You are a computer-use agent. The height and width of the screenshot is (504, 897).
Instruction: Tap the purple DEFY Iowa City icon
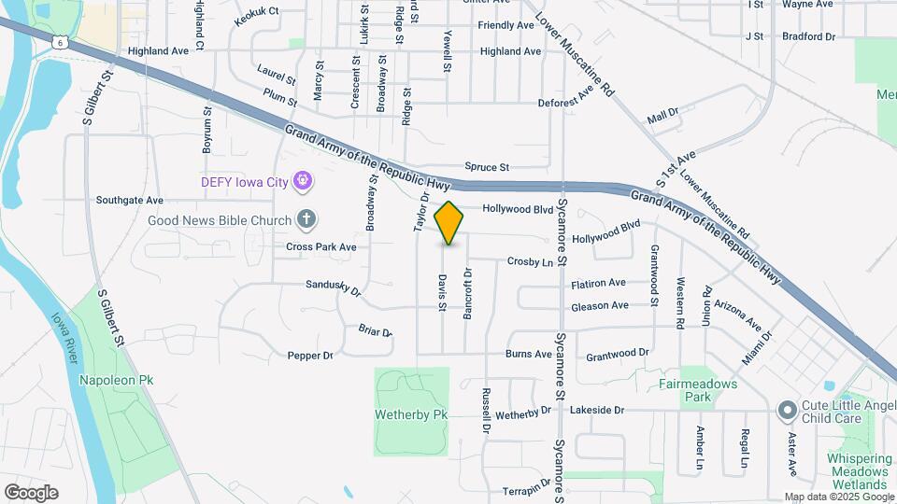coord(302,181)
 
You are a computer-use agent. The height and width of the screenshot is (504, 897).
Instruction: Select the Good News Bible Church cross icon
coord(306,220)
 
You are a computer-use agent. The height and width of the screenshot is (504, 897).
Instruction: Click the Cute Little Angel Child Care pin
coord(787,409)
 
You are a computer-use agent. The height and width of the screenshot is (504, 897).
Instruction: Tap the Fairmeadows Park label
coord(709,390)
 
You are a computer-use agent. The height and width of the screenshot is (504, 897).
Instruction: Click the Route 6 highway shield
coord(60,39)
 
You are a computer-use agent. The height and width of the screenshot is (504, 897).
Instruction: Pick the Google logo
coord(31,492)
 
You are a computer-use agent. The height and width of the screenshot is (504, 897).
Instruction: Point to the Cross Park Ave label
coord(321,247)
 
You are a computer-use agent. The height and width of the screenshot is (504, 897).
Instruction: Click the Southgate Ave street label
coord(129,200)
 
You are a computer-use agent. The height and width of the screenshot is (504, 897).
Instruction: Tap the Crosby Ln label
coord(530,262)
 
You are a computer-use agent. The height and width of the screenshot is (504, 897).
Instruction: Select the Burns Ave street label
coord(528,355)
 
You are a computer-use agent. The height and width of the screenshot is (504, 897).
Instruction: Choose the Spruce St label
coord(486,168)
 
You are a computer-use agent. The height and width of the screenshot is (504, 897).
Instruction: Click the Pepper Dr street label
coord(310,356)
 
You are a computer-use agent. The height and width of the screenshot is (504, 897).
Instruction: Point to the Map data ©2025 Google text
coord(839,497)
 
